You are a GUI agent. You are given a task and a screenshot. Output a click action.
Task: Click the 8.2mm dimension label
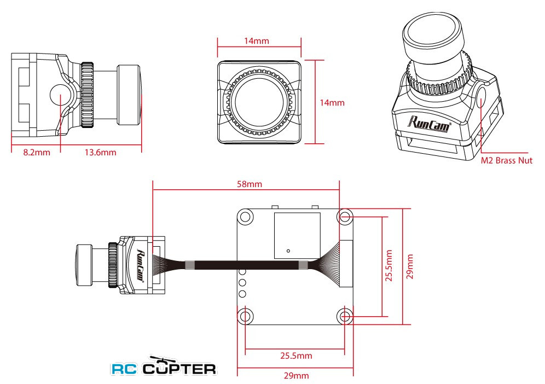[x=37, y=152]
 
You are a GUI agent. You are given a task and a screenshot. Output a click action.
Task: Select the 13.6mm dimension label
[x=101, y=152]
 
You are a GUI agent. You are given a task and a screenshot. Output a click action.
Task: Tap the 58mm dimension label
[x=249, y=184]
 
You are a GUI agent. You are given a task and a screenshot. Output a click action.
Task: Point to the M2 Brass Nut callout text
[x=506, y=161]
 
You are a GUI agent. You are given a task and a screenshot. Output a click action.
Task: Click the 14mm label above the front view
[x=257, y=40]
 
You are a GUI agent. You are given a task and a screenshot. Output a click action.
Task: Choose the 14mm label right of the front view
[x=332, y=102]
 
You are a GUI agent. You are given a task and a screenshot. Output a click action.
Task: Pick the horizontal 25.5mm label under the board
[x=296, y=356]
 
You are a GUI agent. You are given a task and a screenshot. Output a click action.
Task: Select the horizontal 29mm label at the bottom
[x=296, y=375]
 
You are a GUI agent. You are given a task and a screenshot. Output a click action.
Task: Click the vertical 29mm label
[x=410, y=266]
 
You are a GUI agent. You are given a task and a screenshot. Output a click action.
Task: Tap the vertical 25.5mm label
[x=389, y=265]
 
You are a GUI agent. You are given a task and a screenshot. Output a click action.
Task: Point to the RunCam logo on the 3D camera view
[x=429, y=124]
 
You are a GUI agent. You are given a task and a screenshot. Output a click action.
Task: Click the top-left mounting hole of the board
[x=245, y=217]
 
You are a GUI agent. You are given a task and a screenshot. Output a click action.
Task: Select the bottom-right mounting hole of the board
[x=345, y=316]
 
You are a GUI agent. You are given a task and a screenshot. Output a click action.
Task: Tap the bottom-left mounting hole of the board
[x=245, y=316]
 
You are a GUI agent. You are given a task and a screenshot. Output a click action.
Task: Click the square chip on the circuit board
[x=297, y=236]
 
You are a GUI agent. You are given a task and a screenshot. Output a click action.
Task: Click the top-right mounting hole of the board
[x=345, y=217]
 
